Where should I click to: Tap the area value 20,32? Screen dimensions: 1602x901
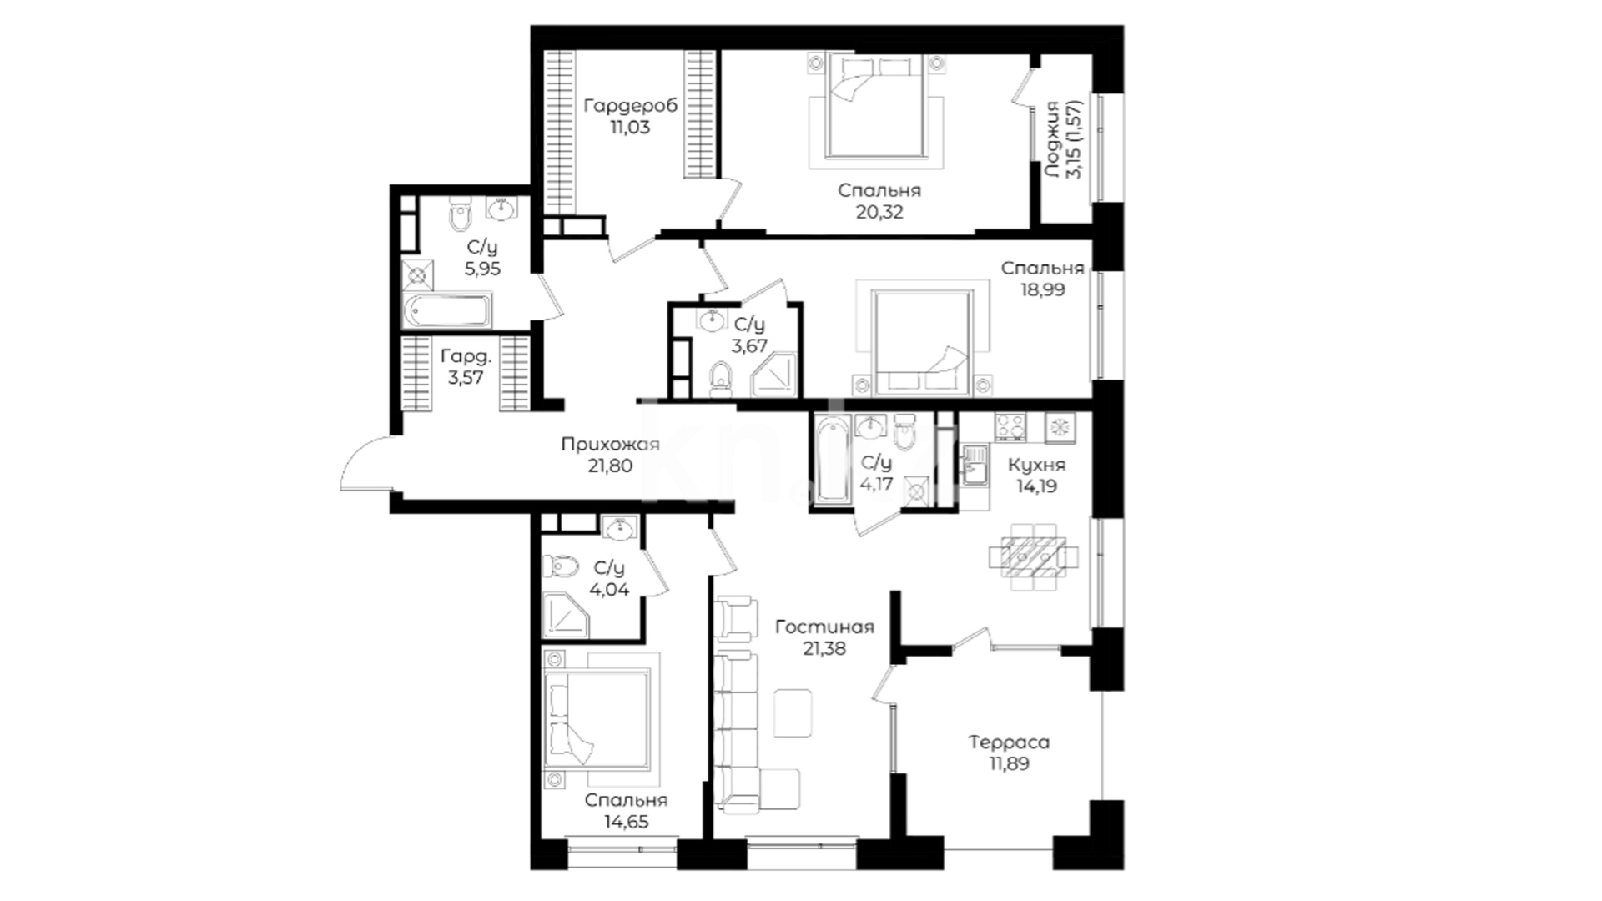pyautogui.click(x=879, y=212)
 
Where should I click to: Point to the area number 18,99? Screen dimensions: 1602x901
pyautogui.click(x=1042, y=289)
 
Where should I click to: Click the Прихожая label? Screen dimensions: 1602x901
pyautogui.click(x=610, y=445)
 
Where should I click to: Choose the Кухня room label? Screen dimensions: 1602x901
pyautogui.click(x=1036, y=465)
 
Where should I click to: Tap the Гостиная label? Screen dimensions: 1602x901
pyautogui.click(x=824, y=627)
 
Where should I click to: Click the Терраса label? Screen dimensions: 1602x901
pyautogui.click(x=1009, y=742)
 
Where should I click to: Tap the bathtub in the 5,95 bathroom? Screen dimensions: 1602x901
pyautogui.click(x=446, y=310)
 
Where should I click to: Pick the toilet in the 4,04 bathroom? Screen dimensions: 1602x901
pyautogui.click(x=560, y=567)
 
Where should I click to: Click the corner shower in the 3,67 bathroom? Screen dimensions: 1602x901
pyautogui.click(x=773, y=375)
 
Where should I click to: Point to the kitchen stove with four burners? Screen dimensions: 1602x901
pyautogui.click(x=1010, y=427)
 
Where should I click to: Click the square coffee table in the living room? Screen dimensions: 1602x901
pyautogui.click(x=793, y=712)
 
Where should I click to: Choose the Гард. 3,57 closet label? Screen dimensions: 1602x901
pyautogui.click(x=466, y=367)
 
